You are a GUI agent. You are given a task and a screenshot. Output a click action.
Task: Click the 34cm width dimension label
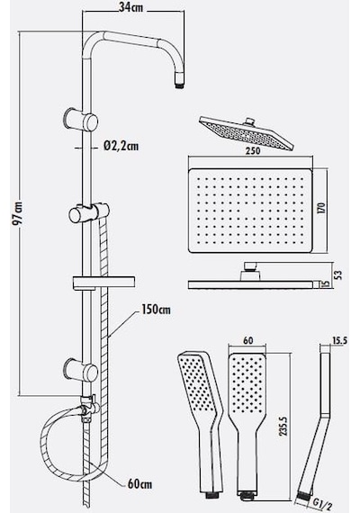pos(130,7)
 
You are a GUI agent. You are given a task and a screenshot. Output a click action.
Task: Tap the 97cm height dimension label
pos(18,213)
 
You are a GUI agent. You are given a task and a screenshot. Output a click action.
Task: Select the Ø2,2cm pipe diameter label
pos(121,146)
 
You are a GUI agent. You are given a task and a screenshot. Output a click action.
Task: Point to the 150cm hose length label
pos(156,310)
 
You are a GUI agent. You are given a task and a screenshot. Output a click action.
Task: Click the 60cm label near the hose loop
pos(139,484)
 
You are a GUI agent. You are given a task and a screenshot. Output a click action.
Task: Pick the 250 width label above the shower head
pos(253,151)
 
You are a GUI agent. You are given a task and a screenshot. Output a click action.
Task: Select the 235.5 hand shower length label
pos(283,425)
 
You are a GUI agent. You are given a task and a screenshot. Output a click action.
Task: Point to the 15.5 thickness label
pos(339,340)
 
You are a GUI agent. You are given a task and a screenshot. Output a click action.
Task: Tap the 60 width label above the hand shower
pos(248,340)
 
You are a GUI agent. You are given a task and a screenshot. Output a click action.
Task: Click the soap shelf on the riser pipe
pos(103,283)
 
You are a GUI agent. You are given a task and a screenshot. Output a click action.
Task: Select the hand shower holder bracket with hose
pos(88,214)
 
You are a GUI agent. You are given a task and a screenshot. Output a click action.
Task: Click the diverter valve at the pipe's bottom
pos(87,408)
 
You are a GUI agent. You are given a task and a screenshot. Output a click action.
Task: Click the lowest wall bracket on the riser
pos(81,371)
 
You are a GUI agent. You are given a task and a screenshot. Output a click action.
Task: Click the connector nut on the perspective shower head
pos(249,122)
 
